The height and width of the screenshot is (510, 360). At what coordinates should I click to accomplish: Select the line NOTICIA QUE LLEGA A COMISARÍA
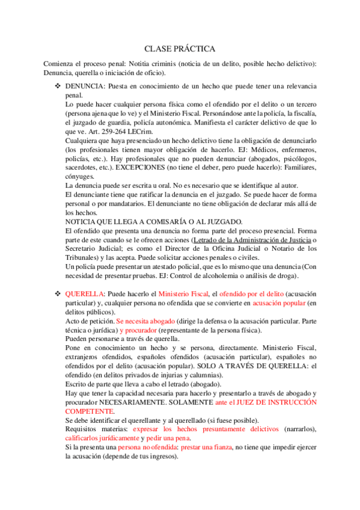(x=153, y=221)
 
